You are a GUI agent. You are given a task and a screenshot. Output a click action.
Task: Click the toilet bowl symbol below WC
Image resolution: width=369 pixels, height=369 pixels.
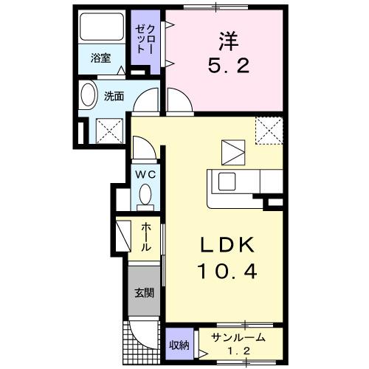tap(145, 196)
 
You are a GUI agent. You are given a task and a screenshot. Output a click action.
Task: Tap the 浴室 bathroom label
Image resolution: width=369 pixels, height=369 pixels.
tap(101, 58)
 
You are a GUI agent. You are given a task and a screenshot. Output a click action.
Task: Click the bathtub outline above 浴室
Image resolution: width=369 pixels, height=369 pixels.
tap(102, 29)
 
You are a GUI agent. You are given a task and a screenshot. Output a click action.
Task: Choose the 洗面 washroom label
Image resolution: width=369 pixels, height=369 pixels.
tap(113, 96)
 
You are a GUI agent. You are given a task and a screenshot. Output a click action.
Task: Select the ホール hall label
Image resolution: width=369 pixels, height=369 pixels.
tap(146, 238)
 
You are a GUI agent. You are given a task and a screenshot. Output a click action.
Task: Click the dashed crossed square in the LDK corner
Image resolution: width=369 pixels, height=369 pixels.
tap(269, 131)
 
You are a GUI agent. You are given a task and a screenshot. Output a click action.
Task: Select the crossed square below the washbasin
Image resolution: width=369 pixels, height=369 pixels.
tap(108, 131)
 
